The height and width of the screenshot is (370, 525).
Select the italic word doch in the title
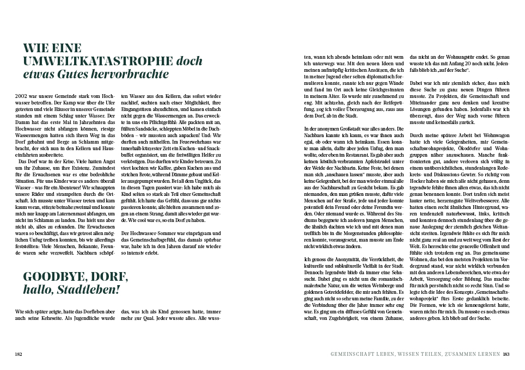(x=190, y=61)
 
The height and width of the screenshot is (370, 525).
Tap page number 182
(x=19, y=354)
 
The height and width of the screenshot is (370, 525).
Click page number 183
(x=506, y=354)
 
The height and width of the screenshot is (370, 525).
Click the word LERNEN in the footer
(x=486, y=354)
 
